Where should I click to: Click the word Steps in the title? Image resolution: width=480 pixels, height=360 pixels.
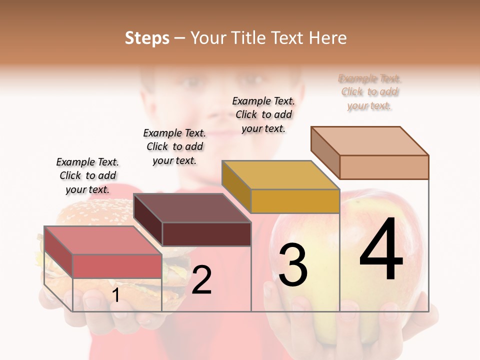tap(147, 38)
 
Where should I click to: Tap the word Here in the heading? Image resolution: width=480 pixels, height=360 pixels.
tap(327, 38)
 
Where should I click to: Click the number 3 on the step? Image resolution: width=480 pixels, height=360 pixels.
tap(292, 264)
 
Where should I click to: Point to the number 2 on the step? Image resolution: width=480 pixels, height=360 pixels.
tap(201, 280)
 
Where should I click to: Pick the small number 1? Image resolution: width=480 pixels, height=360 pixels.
tap(115, 295)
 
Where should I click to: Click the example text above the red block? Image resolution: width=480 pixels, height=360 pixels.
tap(87, 176)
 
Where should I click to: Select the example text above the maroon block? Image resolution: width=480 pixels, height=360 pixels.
tap(174, 147)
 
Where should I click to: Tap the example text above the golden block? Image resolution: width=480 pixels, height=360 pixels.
tap(263, 114)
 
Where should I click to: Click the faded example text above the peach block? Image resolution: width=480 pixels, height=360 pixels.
tap(370, 92)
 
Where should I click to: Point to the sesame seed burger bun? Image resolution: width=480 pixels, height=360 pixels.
tap(95, 212)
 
